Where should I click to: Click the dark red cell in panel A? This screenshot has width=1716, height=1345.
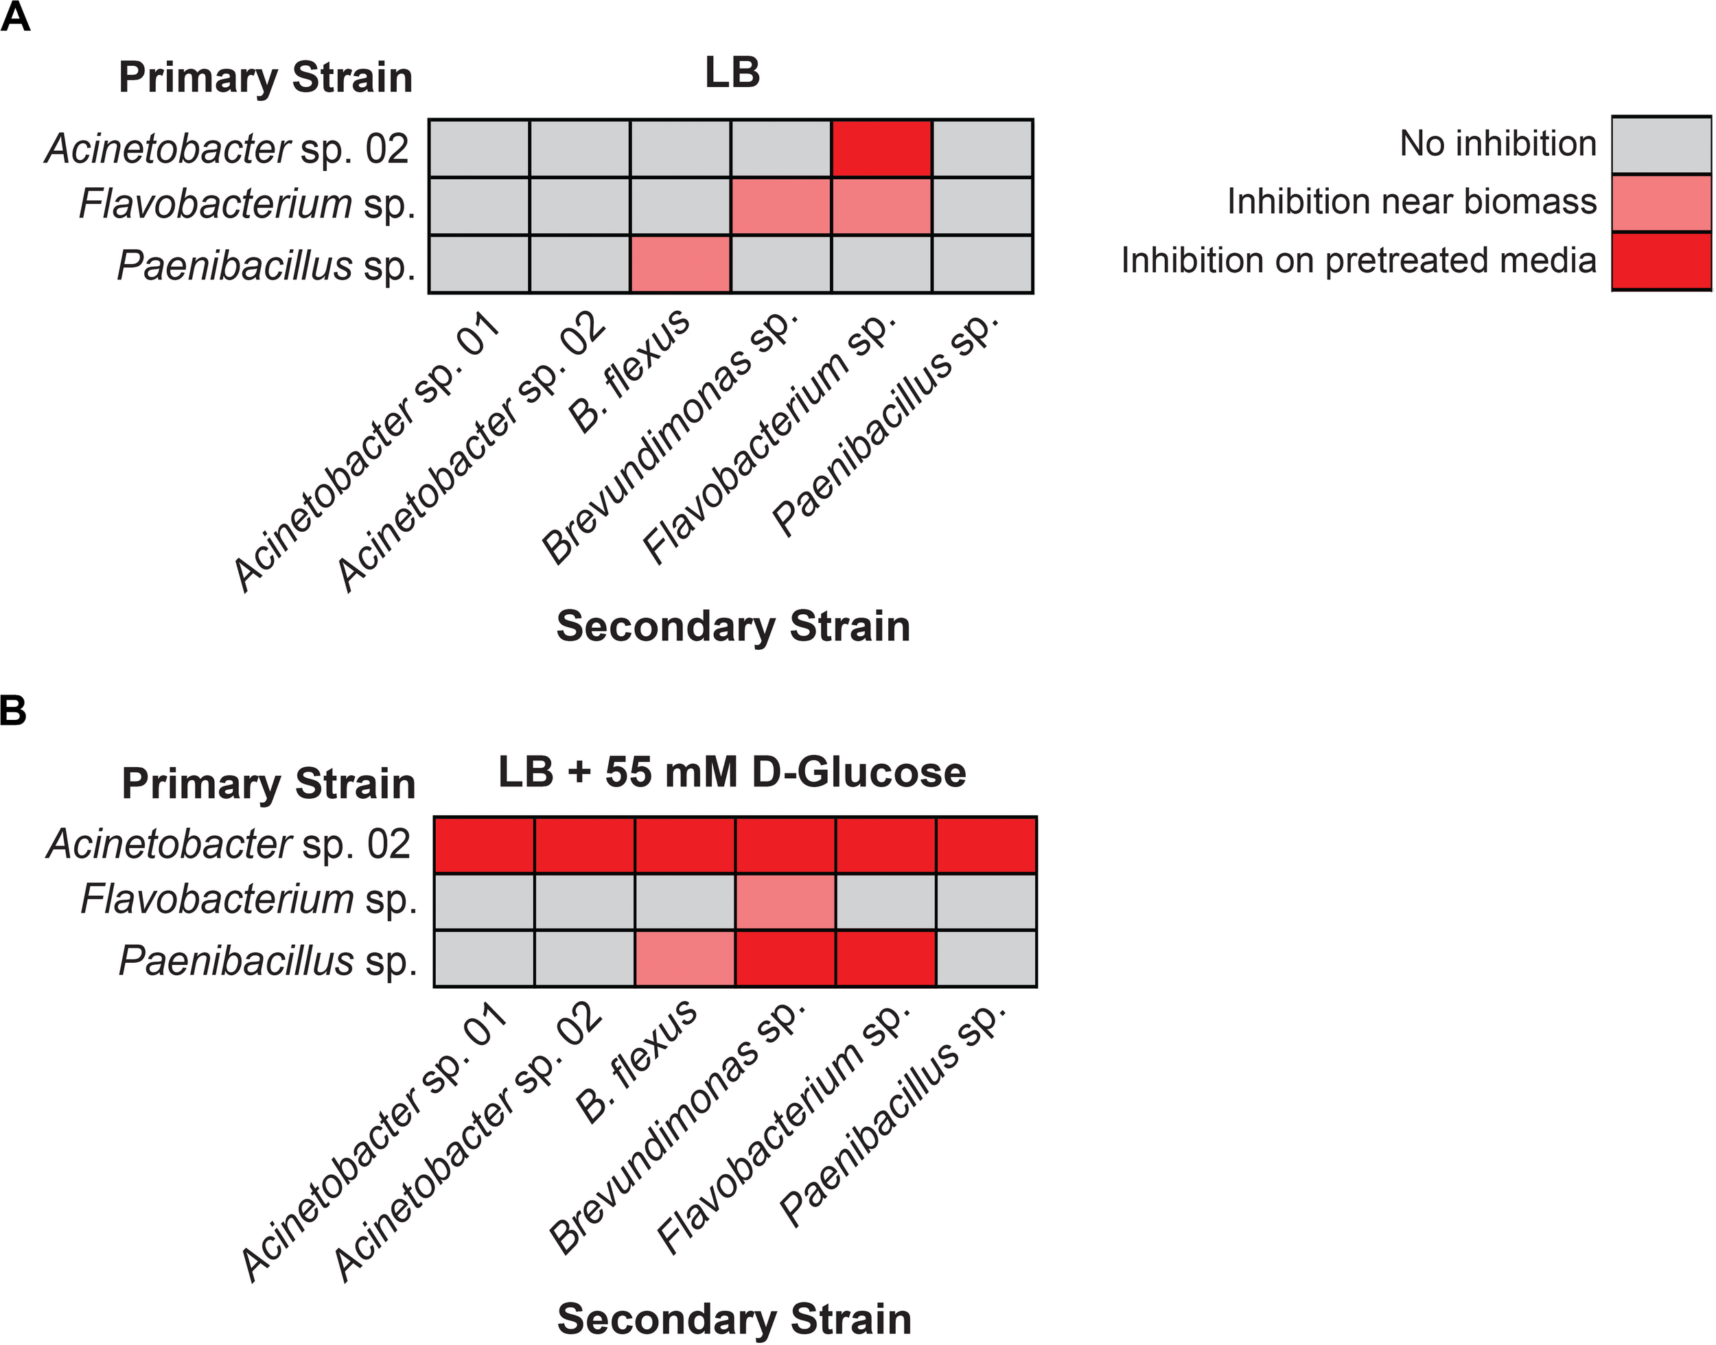881,148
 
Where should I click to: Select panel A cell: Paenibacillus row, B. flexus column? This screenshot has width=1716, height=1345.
680,264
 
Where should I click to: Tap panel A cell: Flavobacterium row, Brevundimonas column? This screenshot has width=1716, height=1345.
781,207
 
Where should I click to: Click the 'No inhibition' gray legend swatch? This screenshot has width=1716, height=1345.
1662,145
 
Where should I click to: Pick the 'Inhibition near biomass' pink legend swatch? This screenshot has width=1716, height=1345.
1662,203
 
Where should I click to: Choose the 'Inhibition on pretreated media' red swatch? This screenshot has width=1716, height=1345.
1662,261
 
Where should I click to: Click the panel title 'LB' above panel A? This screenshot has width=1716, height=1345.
732,73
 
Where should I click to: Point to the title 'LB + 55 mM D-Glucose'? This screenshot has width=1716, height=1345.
732,773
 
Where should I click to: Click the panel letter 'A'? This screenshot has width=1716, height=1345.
15,17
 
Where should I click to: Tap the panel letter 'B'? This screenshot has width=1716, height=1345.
14,710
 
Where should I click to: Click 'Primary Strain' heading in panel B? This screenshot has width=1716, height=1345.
268,784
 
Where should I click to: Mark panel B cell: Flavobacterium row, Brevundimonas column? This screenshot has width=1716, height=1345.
785,902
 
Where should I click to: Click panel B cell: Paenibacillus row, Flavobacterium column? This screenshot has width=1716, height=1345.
886,959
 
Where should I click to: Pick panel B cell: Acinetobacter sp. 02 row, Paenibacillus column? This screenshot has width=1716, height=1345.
986,845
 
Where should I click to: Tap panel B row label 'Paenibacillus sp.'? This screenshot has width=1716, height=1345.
268,961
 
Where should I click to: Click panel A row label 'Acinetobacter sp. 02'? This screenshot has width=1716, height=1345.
227,149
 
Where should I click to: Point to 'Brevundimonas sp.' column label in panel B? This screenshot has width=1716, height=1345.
677,1126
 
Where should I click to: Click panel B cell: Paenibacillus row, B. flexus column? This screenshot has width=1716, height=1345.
685,959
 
